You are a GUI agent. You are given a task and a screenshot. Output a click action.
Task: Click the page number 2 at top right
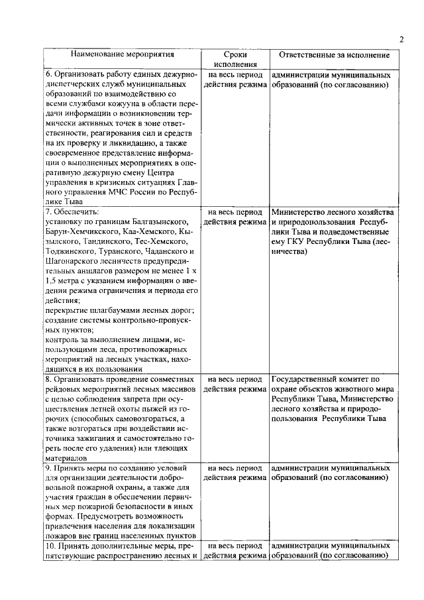point(401,38)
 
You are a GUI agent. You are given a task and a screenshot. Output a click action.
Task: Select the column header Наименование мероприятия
point(122,54)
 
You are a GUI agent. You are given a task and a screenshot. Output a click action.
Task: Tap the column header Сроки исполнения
point(235,59)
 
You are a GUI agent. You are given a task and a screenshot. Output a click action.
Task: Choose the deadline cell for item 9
point(235,473)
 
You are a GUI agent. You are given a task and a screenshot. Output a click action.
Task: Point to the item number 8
point(48,379)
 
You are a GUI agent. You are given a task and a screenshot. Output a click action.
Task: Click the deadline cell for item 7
point(235,217)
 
